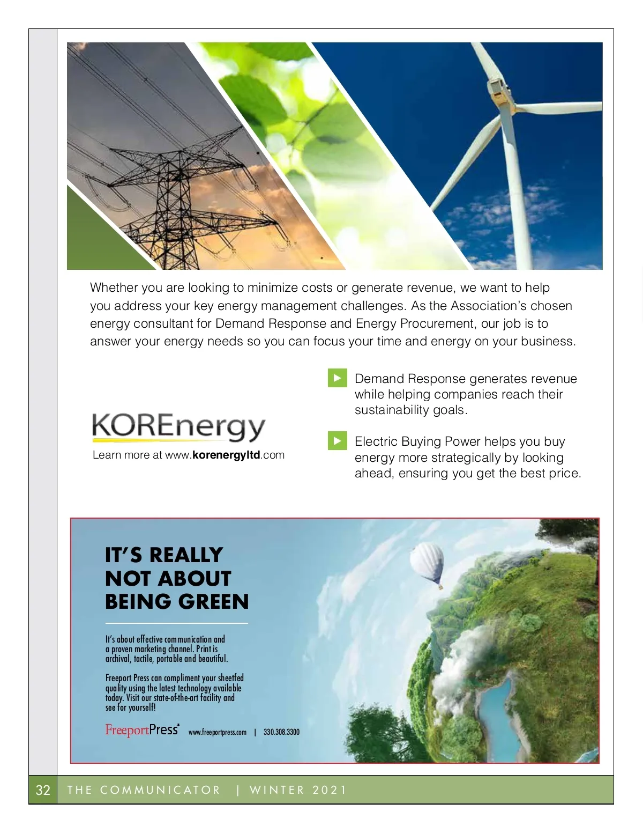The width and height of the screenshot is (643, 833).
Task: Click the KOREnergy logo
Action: tap(179, 427)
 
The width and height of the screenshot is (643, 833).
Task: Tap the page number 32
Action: tap(43, 790)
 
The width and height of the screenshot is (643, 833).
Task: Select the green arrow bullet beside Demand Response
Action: tap(337, 378)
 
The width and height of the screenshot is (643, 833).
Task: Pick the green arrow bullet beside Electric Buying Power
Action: tap(337, 441)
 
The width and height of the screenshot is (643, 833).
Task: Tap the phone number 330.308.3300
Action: tap(281, 732)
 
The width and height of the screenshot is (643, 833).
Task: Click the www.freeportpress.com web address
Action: tap(218, 732)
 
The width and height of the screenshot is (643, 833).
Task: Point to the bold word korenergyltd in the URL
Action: tap(226, 455)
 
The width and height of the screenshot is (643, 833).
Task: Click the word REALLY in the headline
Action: tap(185, 555)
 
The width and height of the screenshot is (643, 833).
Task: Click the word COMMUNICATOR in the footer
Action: tap(160, 790)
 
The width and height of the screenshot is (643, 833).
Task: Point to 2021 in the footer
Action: tap(330, 790)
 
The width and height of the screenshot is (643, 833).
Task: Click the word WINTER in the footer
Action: tap(277, 790)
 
